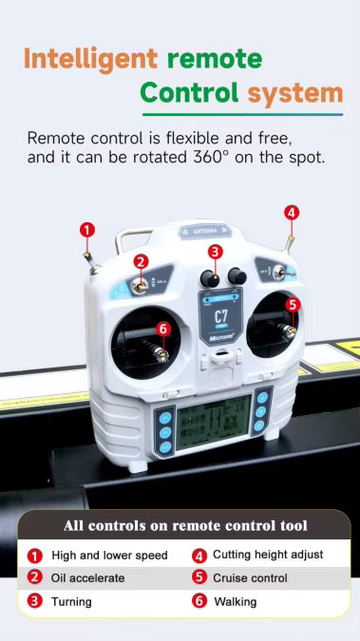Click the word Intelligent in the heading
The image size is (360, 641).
coord(90,59)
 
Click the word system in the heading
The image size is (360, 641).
coord(295,93)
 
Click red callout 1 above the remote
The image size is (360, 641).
coord(87,229)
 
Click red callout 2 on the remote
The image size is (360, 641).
coord(141,261)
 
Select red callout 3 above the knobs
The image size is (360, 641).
coord(216,251)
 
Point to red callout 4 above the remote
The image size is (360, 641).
coord(292,212)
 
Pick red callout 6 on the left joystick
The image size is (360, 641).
coord(162,329)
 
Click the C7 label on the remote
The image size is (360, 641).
coord(220,316)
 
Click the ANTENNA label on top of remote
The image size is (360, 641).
coord(206,231)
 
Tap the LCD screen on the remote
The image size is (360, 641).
coord(214,419)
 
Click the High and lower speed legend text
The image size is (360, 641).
coord(109,556)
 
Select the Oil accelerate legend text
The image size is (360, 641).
coord(88,577)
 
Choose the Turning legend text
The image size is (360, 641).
coord(72,601)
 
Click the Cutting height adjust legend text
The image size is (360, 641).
coord(268,555)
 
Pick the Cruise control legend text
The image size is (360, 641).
coord(250,577)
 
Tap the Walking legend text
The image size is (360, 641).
coord(235,601)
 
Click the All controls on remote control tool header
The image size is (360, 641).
coord(185,525)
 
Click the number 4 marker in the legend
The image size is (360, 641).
coord(199,556)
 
